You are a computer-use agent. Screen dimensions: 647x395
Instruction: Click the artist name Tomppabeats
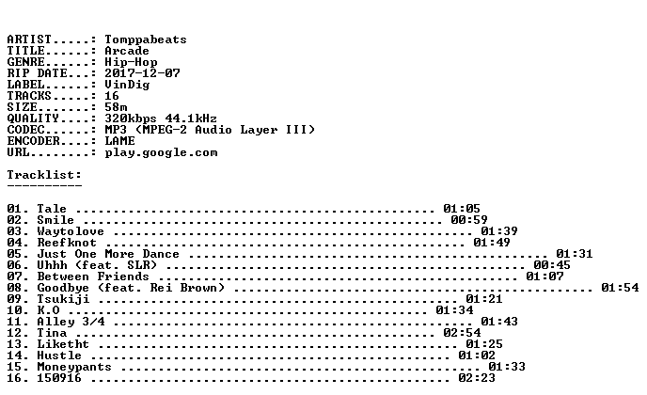tap(145, 39)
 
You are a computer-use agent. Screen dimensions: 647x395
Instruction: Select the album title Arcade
tap(127, 51)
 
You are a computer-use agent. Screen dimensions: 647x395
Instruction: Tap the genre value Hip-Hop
tap(131, 62)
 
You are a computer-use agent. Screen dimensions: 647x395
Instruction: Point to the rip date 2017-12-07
tap(142, 73)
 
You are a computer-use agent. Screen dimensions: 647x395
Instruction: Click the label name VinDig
tap(127, 85)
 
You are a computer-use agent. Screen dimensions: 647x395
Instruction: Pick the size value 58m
tap(116, 107)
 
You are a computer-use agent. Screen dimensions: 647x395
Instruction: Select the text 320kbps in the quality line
tap(131, 118)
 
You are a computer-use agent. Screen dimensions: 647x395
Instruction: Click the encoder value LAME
tap(119, 141)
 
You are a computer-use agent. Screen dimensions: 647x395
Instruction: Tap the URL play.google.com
tap(161, 152)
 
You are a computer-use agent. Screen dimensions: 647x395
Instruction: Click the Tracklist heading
tap(44, 175)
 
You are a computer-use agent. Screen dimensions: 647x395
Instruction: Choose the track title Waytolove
tap(71, 231)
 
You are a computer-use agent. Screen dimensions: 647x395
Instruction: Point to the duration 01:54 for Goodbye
tap(620, 287)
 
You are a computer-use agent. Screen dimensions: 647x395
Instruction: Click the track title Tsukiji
tap(63, 299)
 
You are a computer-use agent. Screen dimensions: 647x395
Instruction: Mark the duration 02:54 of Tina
tap(462, 332)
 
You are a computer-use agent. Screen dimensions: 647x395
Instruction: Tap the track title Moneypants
tap(74, 367)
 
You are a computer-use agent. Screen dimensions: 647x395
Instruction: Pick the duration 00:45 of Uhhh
tap(552, 265)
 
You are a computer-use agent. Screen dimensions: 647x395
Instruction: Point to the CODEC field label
tap(25, 130)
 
